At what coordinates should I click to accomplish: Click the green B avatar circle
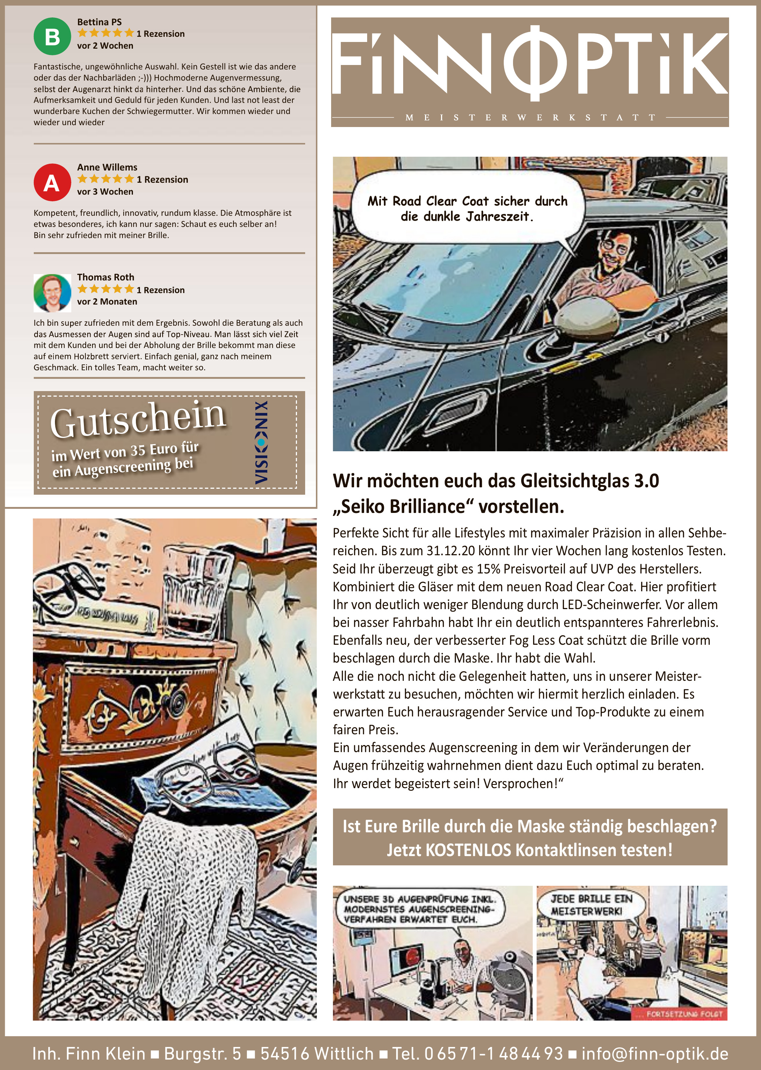pyautogui.click(x=52, y=36)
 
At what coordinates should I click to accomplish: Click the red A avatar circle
pyautogui.click(x=52, y=182)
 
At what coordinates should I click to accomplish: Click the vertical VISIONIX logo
pyautogui.click(x=261, y=442)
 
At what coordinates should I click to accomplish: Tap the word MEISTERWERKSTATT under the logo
pyautogui.click(x=529, y=118)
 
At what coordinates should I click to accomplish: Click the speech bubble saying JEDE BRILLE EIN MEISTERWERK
pyautogui.click(x=591, y=905)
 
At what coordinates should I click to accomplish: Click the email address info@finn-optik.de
pyautogui.click(x=654, y=1054)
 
